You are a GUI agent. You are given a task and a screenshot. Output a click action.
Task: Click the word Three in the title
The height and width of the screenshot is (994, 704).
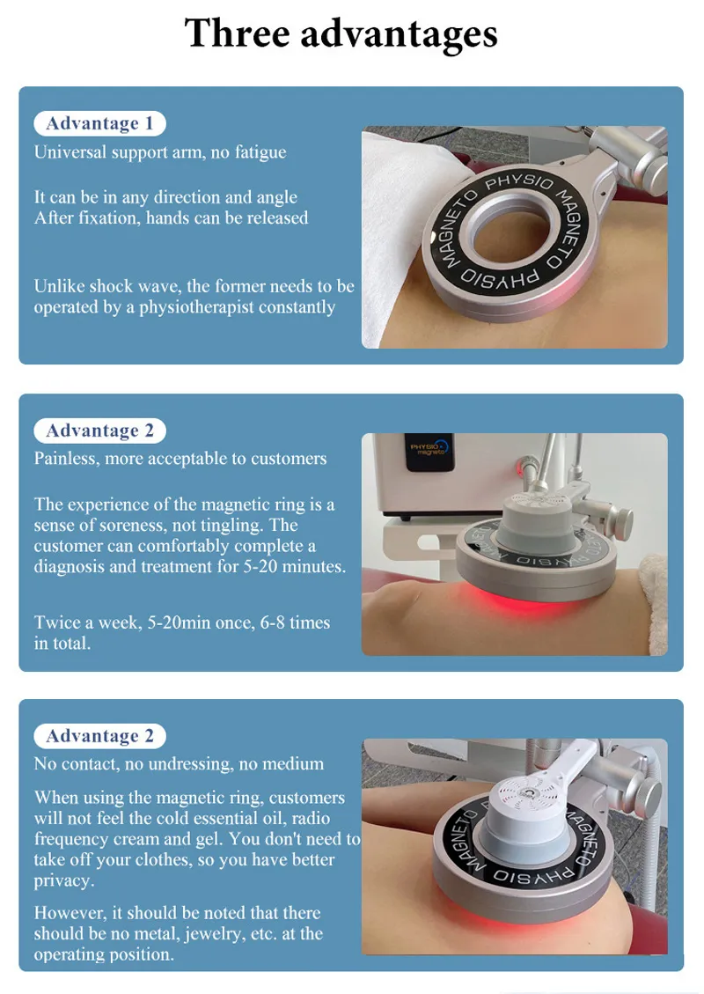236,33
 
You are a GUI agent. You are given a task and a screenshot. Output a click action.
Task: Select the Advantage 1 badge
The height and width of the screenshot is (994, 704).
99,123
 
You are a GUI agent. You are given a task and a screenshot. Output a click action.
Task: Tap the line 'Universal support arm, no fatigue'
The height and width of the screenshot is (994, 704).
160,152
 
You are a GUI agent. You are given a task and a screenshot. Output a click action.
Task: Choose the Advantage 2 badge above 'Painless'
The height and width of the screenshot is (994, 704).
99,431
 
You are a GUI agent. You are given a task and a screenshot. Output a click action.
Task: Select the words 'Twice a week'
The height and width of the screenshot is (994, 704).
82,622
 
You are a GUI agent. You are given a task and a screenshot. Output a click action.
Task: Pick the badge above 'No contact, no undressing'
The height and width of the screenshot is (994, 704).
99,736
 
